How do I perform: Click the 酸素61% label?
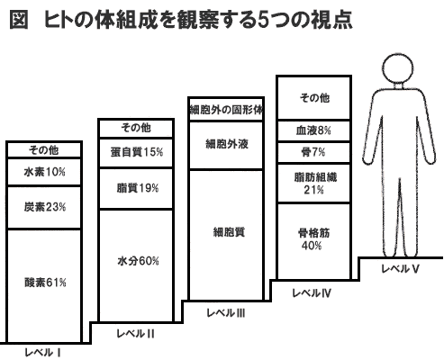45,283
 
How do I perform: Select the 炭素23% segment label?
45,207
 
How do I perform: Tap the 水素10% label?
44,172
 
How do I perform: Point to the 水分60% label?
138,261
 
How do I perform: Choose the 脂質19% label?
138,188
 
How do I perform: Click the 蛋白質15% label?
137,152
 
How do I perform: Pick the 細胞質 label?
229,232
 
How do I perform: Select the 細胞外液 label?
227,144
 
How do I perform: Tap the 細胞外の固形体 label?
227,110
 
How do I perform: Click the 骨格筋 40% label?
313,239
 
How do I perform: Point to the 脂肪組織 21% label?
315,184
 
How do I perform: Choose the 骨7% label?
313,152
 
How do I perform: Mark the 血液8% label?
313,130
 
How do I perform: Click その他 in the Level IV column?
314,98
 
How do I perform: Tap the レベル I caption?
43,353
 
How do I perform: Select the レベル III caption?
226,313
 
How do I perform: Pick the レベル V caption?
400,269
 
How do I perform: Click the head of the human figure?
398,69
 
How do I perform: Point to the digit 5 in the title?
263,20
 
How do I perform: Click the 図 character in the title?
19,20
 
